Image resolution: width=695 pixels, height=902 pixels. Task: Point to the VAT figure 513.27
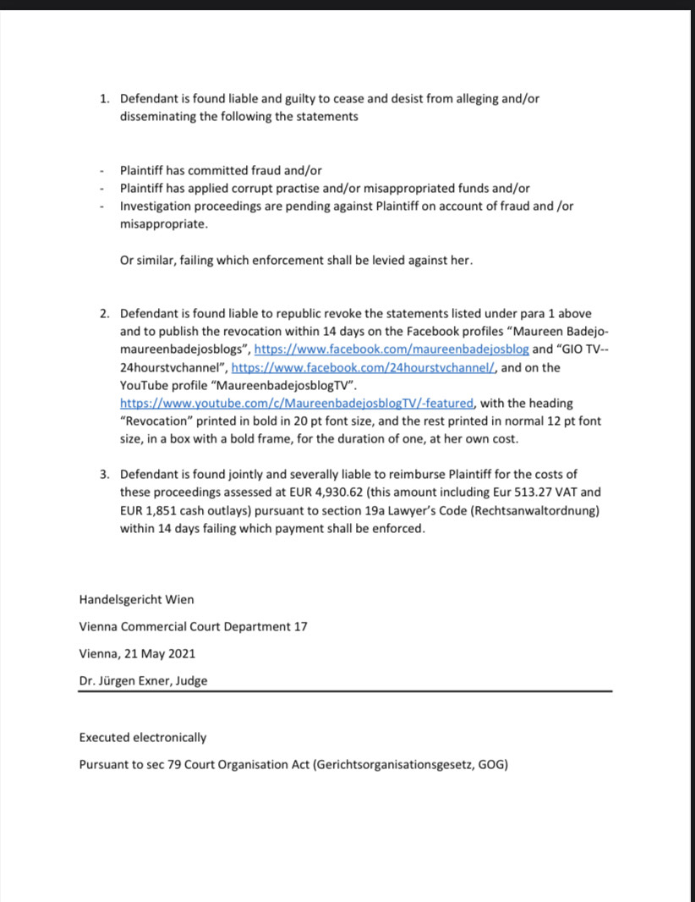click(533, 492)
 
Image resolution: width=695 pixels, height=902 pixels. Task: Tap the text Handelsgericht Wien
click(136, 599)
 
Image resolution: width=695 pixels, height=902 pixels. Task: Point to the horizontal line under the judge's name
click(345, 692)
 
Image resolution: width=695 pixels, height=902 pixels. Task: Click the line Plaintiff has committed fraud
click(221, 170)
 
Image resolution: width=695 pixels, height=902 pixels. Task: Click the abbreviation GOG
click(490, 765)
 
